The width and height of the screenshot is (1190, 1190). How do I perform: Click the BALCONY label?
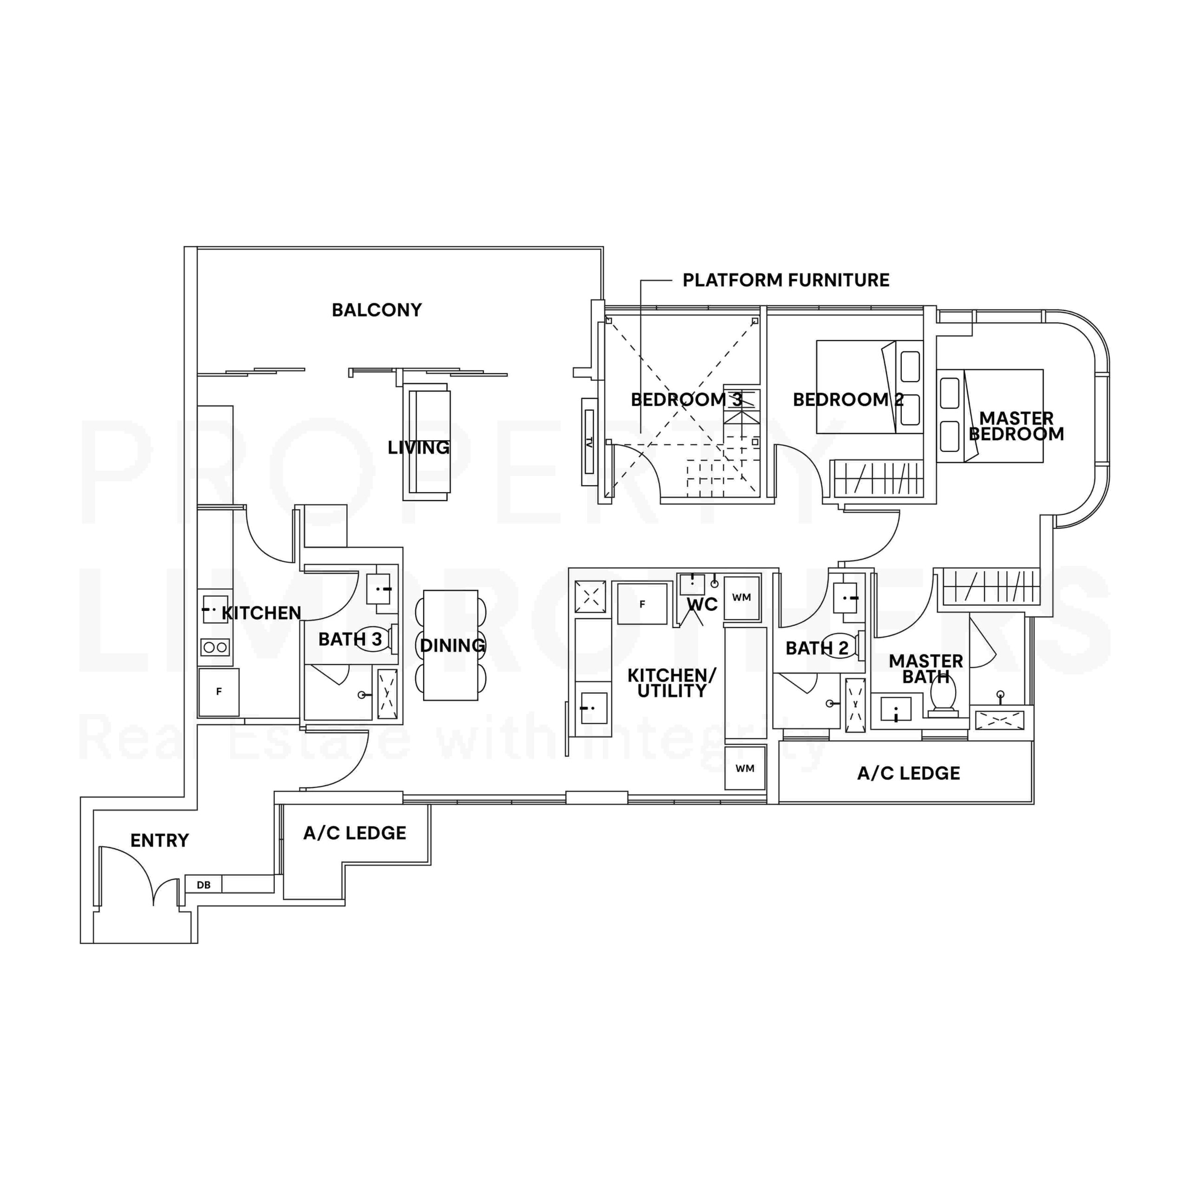pyautogui.click(x=377, y=310)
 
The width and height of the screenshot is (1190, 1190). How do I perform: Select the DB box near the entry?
pyautogui.click(x=203, y=885)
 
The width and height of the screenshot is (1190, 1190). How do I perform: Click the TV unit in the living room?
pyautogui.click(x=589, y=442)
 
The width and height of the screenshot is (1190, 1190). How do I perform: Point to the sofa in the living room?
pyautogui.click(x=427, y=442)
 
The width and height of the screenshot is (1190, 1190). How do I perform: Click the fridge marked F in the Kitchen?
pyautogui.click(x=218, y=692)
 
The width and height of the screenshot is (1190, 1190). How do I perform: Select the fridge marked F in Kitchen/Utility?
pyautogui.click(x=642, y=604)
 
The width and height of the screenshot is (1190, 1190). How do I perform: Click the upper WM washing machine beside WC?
pyautogui.click(x=741, y=597)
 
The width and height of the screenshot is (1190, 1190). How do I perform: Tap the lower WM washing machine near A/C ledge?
pyautogui.click(x=745, y=768)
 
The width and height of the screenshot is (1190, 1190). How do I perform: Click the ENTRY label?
pyautogui.click(x=159, y=840)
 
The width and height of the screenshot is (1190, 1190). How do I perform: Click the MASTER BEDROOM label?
pyautogui.click(x=1016, y=426)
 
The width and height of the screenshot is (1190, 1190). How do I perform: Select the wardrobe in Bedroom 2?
pyautogui.click(x=877, y=477)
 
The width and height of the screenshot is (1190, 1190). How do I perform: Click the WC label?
pyautogui.click(x=702, y=604)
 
